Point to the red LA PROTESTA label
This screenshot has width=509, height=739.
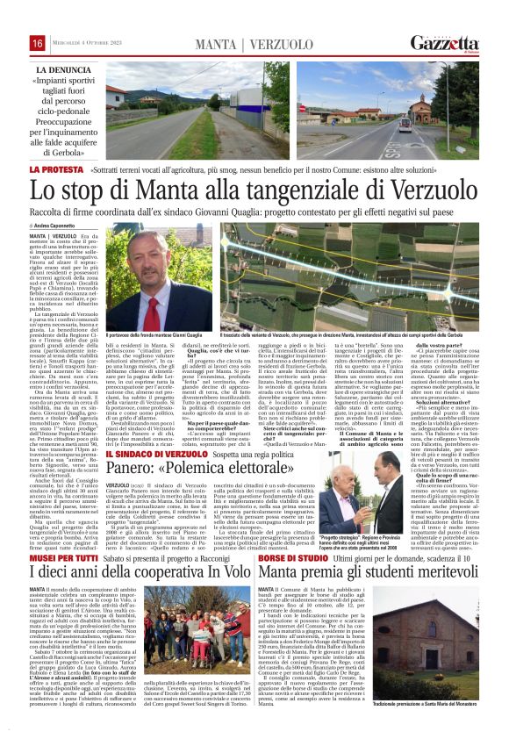point(57,168)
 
